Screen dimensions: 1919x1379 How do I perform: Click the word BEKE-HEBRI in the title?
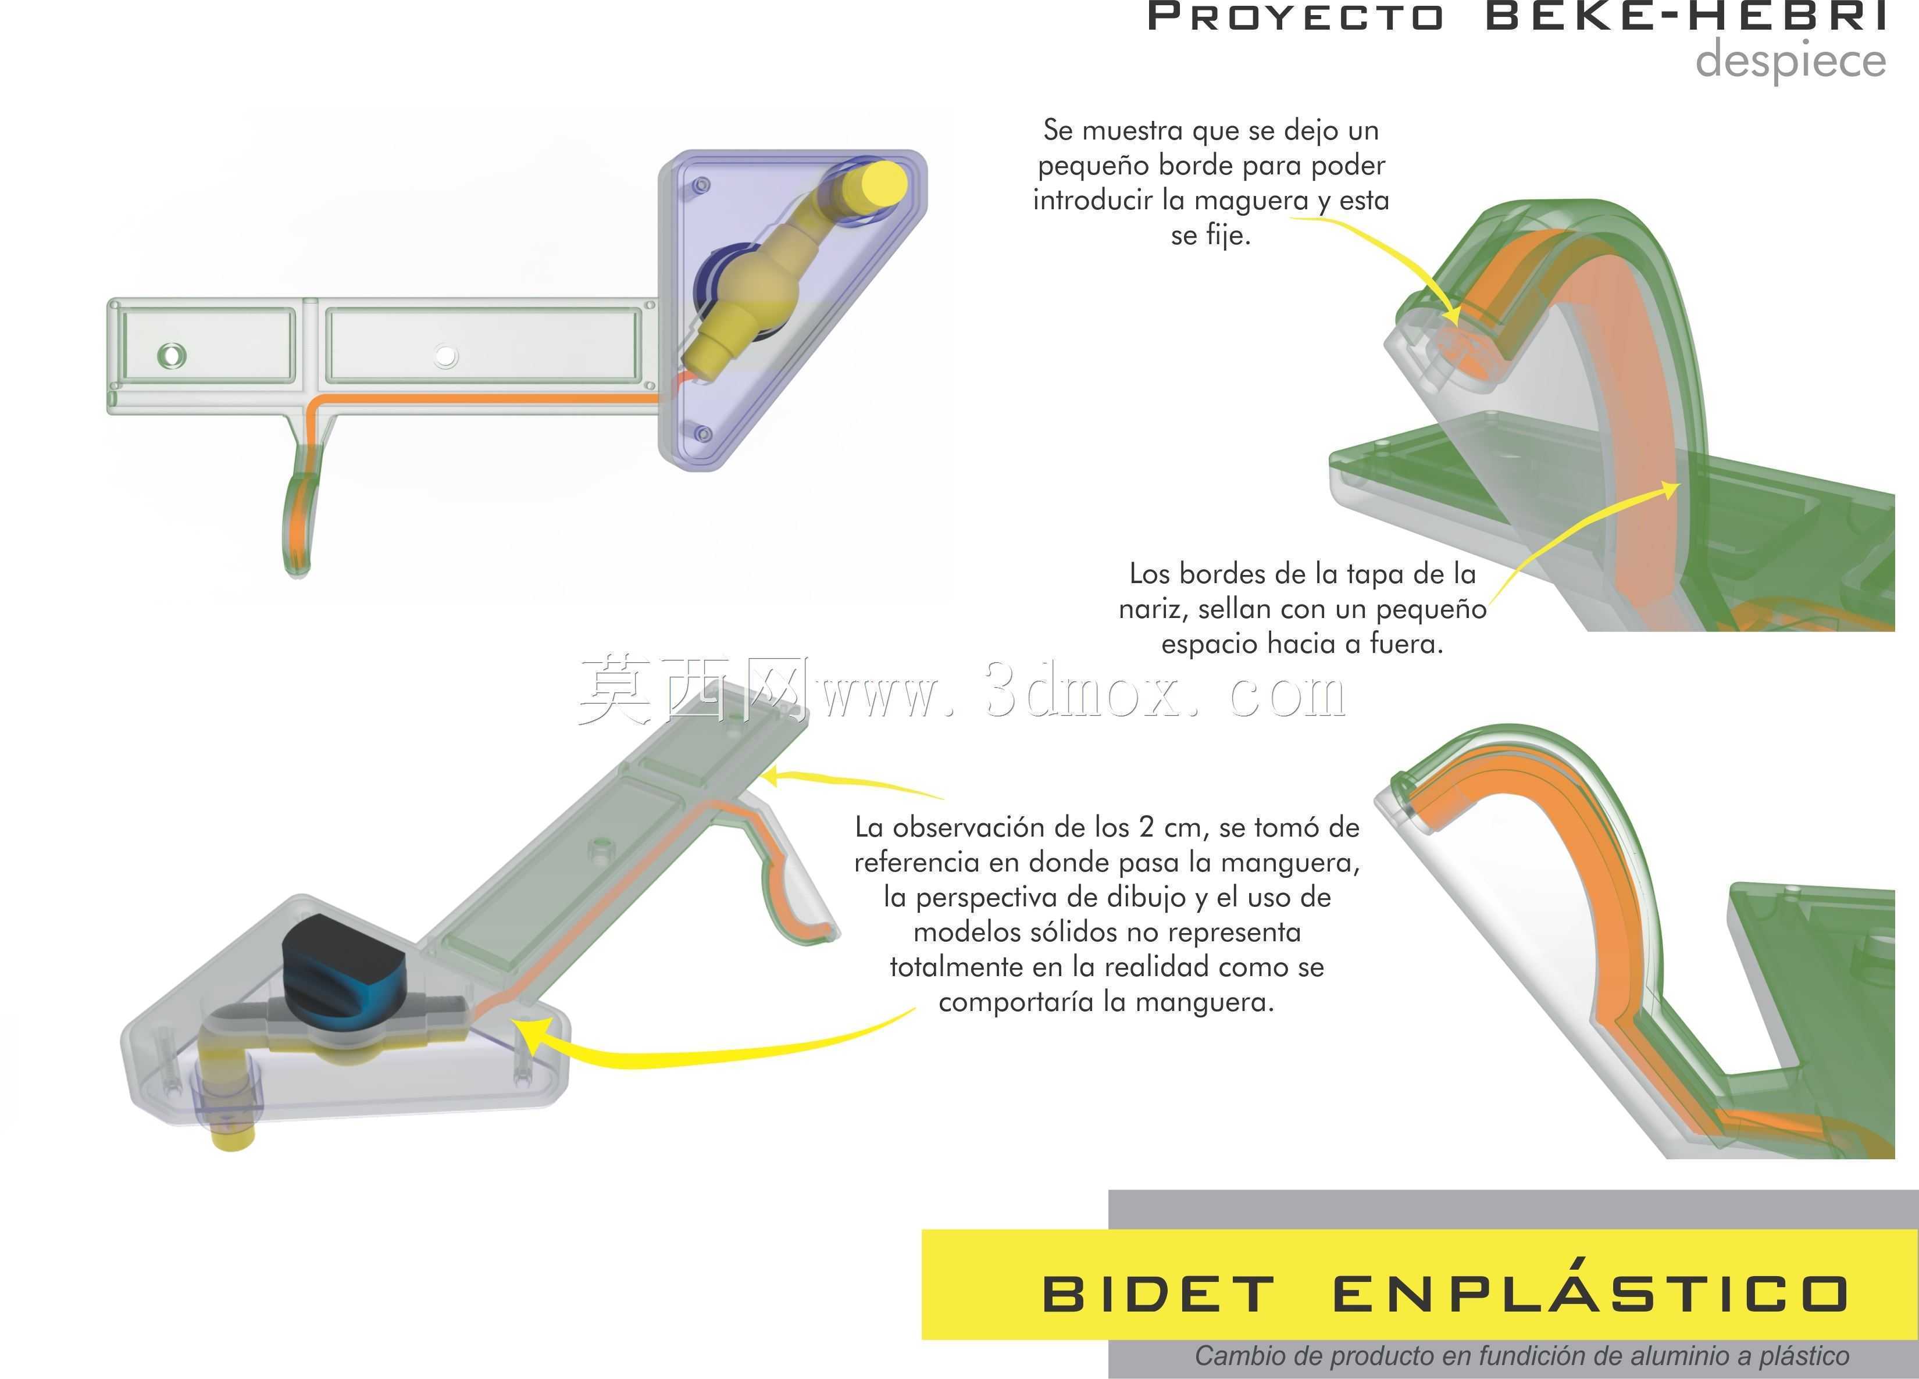click(x=1686, y=16)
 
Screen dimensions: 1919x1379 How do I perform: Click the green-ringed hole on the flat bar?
click(x=172, y=355)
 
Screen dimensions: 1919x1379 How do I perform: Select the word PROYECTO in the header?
click(x=1294, y=17)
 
